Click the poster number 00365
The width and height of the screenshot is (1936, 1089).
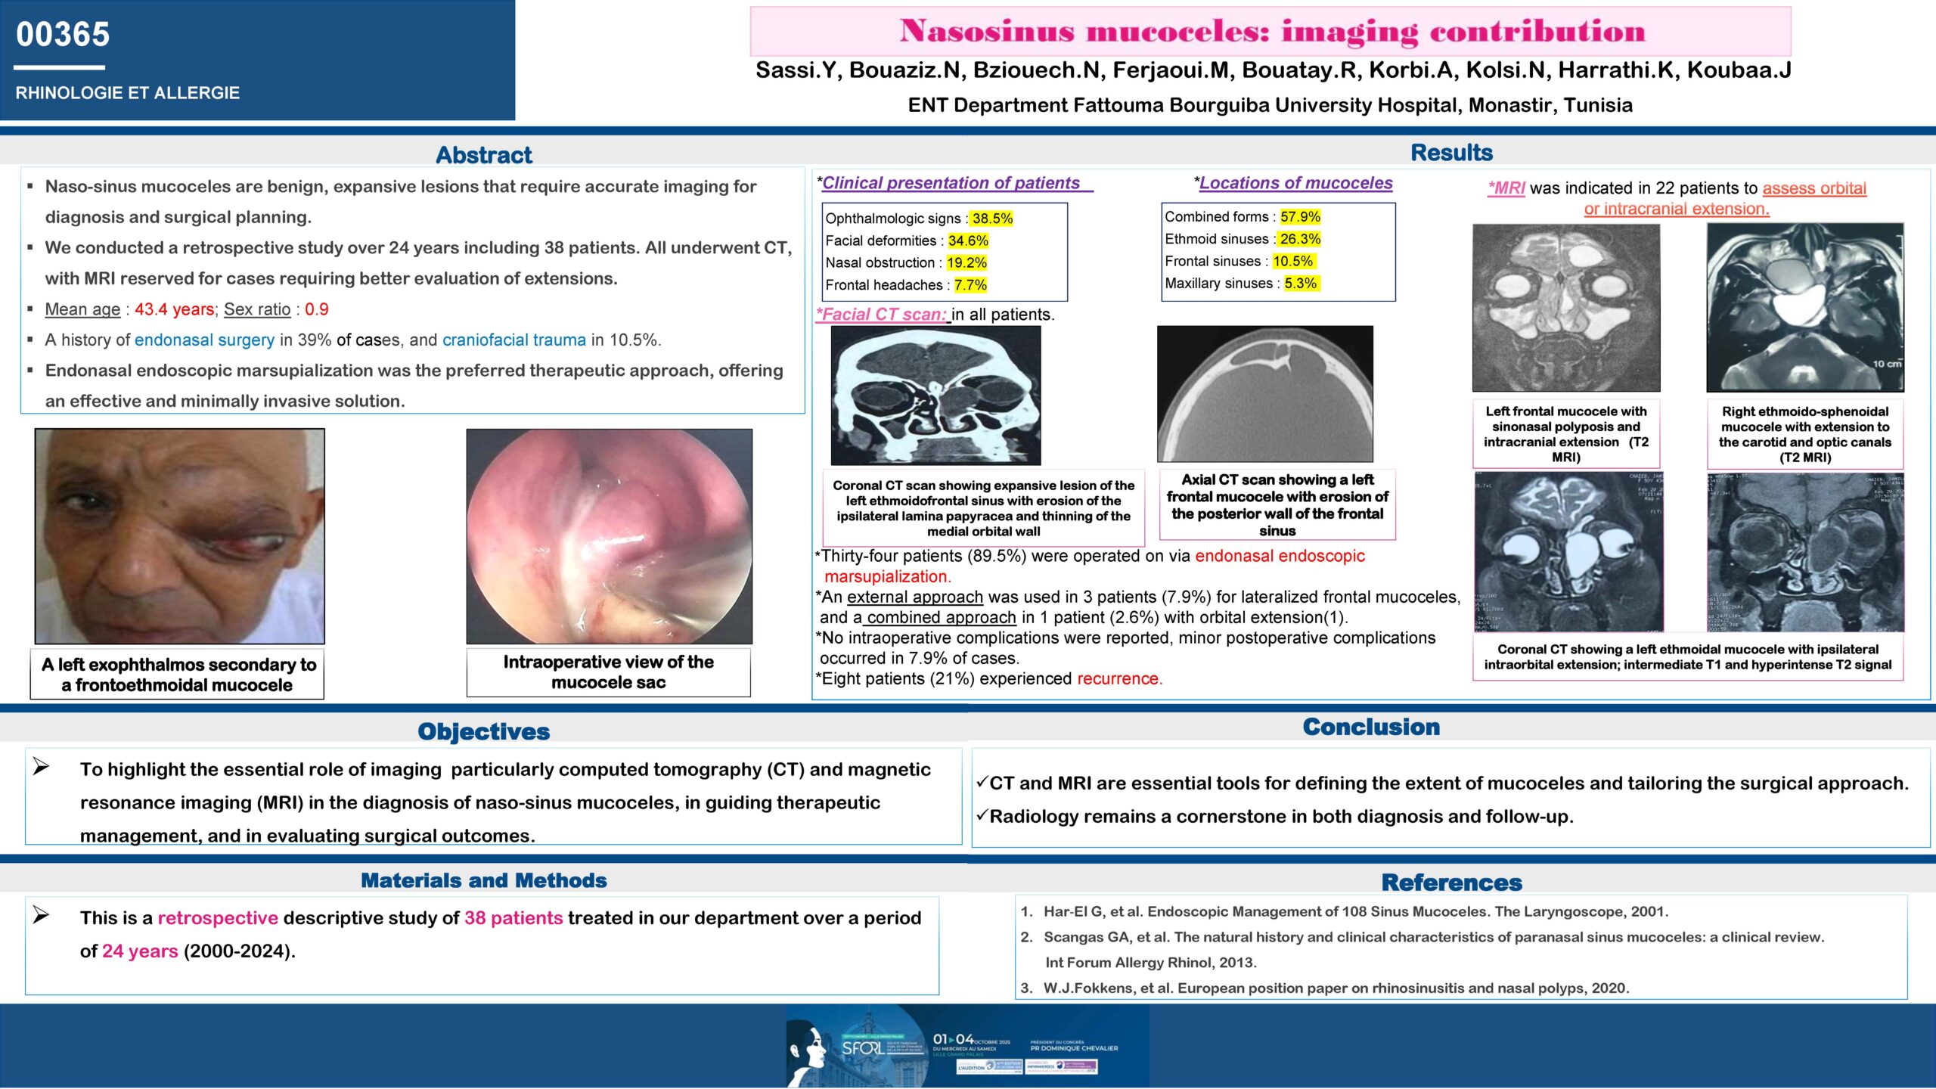coord(63,35)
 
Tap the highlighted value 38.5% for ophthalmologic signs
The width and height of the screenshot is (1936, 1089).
coord(992,219)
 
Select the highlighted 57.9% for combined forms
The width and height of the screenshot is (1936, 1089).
coord(1300,217)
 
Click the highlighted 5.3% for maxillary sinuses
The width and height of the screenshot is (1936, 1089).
coord(1300,284)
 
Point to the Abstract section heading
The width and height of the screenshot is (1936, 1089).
coord(484,155)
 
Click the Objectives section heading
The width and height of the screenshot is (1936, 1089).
coord(484,731)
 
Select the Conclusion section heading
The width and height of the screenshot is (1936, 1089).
coord(1371,727)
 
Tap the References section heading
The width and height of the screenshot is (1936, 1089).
coord(1451,883)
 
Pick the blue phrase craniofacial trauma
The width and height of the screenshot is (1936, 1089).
coord(514,340)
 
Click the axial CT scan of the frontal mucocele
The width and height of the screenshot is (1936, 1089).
coord(1264,393)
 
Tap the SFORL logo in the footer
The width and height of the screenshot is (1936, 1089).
coord(862,1048)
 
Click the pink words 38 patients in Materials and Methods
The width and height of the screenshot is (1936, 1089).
coord(513,918)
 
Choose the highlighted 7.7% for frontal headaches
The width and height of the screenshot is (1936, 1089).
coord(970,285)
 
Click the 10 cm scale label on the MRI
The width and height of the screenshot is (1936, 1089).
coord(1887,364)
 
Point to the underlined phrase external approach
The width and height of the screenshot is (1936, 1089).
coord(915,597)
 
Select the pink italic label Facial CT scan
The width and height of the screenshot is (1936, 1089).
coord(882,315)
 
